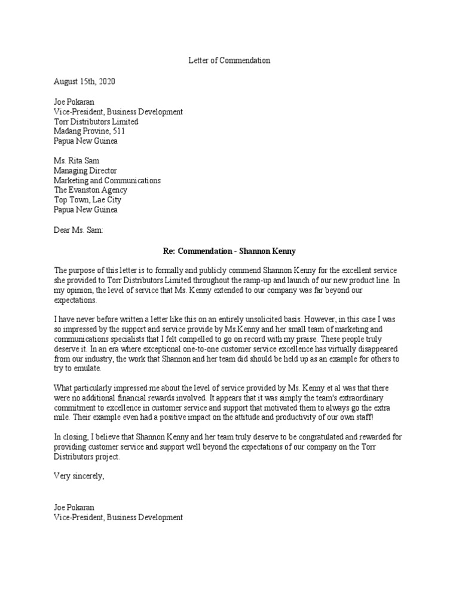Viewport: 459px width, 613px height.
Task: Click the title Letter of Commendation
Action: [229, 60]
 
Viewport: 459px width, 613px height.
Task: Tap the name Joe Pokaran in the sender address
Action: [74, 102]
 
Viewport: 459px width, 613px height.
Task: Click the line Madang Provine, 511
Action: [89, 131]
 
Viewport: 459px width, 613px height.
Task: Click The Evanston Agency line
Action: [90, 190]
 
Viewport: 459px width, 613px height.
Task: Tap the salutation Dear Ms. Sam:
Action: [78, 229]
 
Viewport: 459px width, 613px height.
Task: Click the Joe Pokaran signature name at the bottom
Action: [74, 507]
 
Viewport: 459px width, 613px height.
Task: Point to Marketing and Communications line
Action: [107, 180]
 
